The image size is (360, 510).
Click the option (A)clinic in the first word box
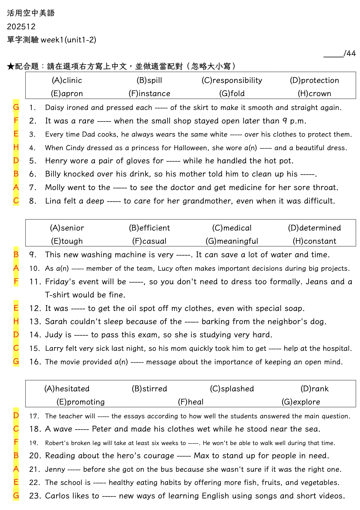coord(67,80)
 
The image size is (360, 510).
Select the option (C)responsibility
coord(232,80)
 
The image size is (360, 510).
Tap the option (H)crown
coord(314,94)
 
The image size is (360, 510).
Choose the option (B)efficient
coord(149,228)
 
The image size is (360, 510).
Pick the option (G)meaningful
coord(232,241)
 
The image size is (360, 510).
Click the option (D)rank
coord(314,389)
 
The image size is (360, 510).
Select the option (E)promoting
coord(81,402)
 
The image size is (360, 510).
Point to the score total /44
coord(349,54)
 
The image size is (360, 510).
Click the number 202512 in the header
coord(21,27)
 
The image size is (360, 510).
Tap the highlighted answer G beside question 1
coord(16,107)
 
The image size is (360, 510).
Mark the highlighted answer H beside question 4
coord(16,147)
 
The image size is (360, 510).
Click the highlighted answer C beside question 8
coord(16,201)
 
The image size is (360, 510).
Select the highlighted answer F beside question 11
coord(16,281)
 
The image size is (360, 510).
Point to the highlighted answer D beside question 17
coord(16,415)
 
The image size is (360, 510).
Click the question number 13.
coord(35,322)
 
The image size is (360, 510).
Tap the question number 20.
coord(35,456)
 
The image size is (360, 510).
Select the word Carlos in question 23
coord(58,496)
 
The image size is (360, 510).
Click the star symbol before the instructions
coord(11,67)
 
